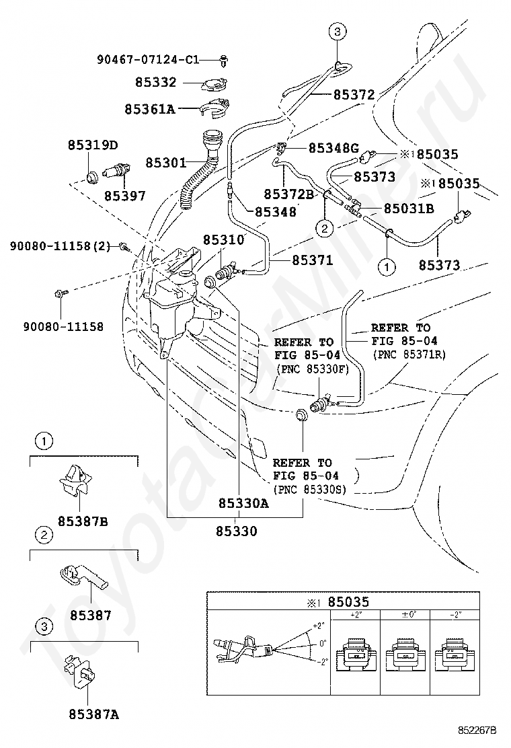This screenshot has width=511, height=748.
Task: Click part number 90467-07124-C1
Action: point(148,60)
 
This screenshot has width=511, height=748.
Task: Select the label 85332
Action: point(156,83)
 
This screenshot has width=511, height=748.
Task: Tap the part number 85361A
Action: point(150,109)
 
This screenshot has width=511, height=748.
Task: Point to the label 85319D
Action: point(93,145)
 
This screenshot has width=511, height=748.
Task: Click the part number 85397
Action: point(125,196)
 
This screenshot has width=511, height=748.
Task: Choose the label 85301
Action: point(166,163)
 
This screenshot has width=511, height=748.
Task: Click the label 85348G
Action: point(333,149)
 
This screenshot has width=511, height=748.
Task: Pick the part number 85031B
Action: point(409,209)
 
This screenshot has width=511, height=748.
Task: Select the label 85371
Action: point(313,260)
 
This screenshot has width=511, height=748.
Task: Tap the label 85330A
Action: point(243,503)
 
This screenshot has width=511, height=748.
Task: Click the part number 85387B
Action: point(83,522)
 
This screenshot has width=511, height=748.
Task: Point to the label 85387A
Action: point(94,714)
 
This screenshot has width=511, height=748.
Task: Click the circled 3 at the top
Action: point(338,32)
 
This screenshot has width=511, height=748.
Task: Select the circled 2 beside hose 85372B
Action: point(325,228)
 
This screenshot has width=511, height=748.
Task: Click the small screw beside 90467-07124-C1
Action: point(224,60)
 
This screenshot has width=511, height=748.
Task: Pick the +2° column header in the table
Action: point(356,615)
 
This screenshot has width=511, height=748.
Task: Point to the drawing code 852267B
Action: point(477,731)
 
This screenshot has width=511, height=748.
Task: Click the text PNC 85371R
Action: point(409,355)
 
